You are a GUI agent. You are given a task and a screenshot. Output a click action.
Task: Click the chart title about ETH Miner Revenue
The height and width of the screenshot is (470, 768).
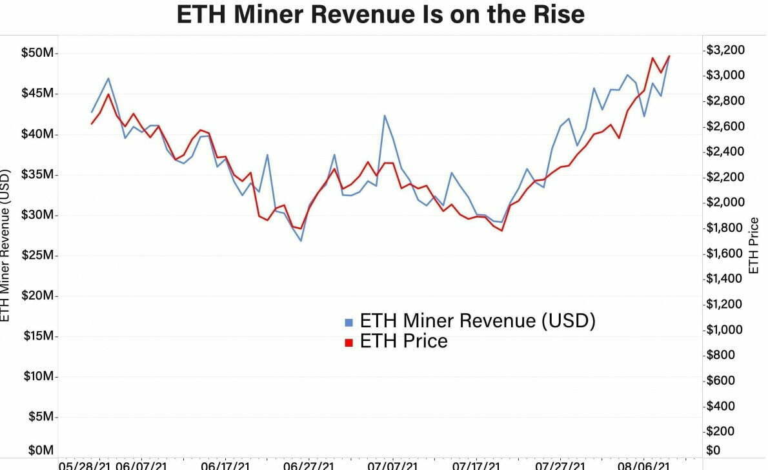tap(381, 14)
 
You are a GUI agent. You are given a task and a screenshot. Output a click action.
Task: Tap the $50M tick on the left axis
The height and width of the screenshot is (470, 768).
tap(39, 53)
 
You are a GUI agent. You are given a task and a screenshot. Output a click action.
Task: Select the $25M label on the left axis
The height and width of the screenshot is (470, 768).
tap(39, 256)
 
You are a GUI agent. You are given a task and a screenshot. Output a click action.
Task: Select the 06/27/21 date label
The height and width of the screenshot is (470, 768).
tap(308, 465)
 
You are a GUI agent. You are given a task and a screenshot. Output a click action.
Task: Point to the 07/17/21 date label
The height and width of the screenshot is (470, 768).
tap(475, 465)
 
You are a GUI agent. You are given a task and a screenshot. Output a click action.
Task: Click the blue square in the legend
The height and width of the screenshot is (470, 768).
tap(349, 322)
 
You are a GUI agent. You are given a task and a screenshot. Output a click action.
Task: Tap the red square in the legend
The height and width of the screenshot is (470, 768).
tap(349, 342)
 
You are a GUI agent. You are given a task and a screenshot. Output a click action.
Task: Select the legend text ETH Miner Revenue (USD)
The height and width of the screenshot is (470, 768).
tap(477, 320)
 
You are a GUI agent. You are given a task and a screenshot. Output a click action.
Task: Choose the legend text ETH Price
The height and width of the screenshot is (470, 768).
tap(403, 341)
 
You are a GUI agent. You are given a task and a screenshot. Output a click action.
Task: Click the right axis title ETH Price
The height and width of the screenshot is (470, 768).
tap(753, 245)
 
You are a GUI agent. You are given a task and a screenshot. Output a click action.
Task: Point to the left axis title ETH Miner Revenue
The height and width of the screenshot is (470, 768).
tap(6, 245)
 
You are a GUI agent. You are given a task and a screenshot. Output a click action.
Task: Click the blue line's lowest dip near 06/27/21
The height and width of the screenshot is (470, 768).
tap(301, 241)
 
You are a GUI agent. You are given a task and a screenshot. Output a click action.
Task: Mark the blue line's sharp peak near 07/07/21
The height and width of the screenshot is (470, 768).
tap(385, 116)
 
